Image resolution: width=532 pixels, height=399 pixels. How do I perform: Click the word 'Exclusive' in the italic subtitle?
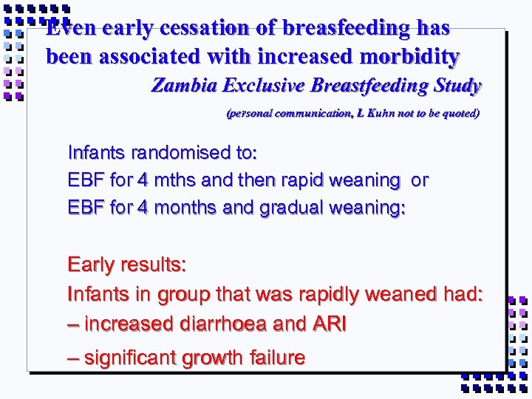click(x=265, y=86)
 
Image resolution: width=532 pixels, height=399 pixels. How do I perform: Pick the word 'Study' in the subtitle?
click(x=456, y=86)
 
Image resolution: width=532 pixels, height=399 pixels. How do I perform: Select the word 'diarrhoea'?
click(x=229, y=324)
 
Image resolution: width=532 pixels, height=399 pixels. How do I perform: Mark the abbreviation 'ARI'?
click(x=330, y=324)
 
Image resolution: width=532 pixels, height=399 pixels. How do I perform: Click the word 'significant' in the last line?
click(x=131, y=358)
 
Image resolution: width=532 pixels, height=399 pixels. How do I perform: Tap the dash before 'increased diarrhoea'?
click(x=73, y=324)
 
